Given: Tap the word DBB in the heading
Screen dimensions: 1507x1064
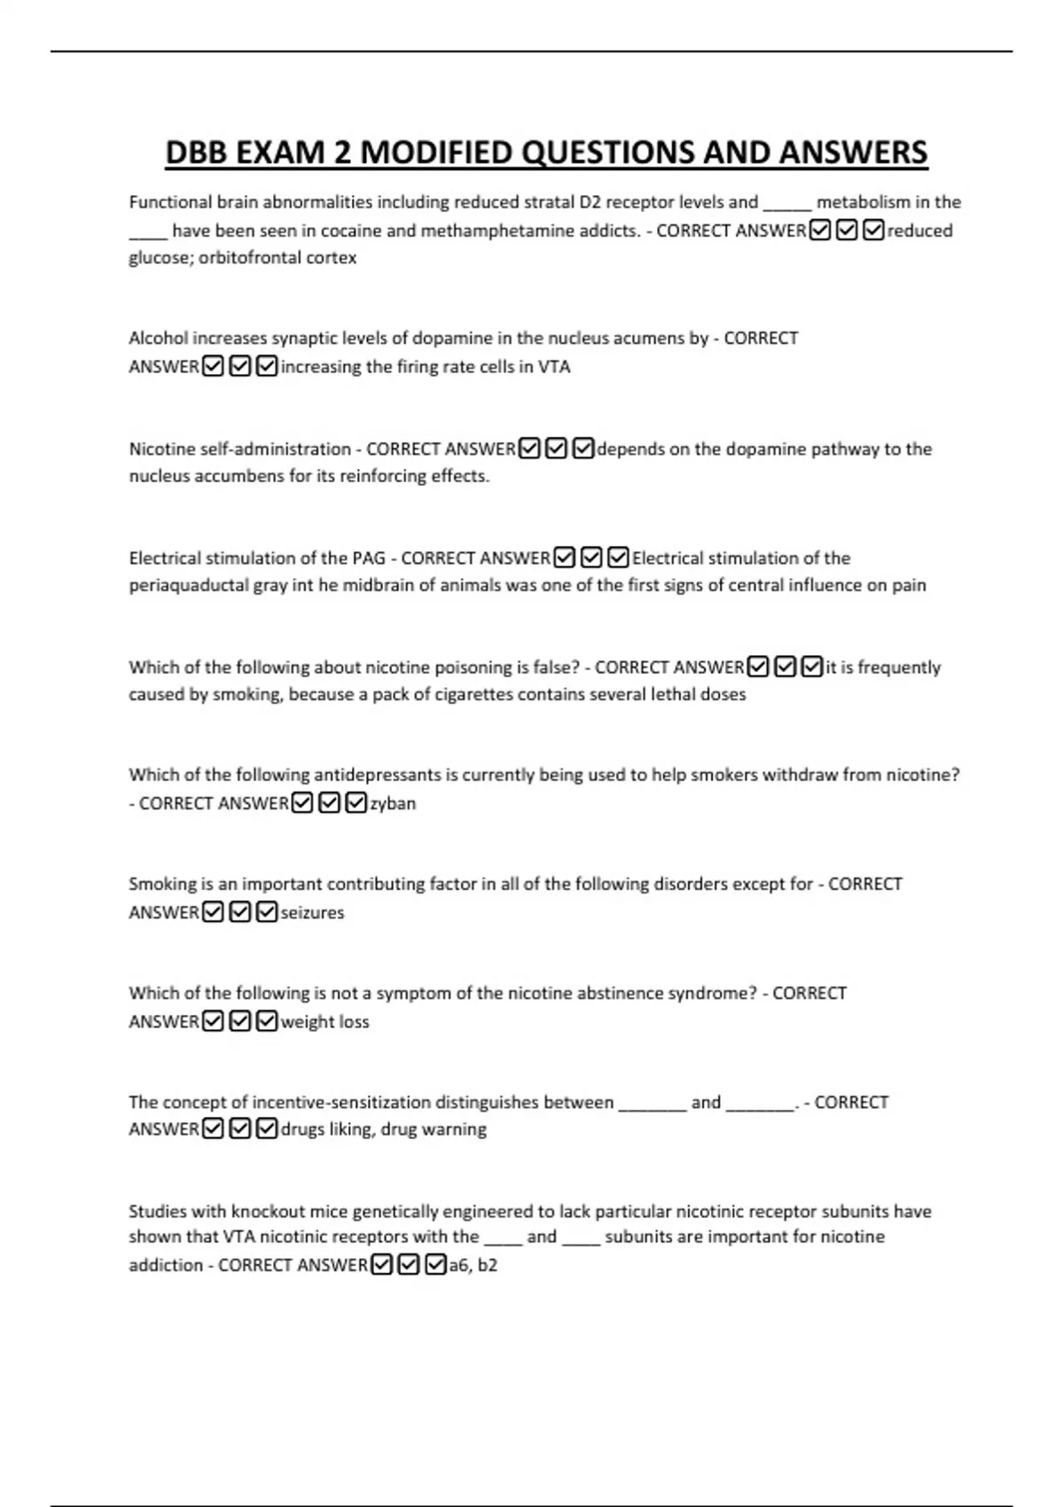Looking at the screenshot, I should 197,152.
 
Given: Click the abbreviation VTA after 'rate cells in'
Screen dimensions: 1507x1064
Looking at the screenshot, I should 554,367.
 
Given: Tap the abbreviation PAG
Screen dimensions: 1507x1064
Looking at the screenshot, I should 369,558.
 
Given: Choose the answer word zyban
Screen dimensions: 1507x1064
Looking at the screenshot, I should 393,803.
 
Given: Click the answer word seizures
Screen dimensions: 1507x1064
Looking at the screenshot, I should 312,912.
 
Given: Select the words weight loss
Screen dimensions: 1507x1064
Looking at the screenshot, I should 325,1021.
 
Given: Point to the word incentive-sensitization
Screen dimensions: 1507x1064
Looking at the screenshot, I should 340,1102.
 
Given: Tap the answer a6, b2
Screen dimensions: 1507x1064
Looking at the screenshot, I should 473,1265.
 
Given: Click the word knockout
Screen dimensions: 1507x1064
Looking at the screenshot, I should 266,1211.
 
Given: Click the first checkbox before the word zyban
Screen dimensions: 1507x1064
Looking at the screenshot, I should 302,803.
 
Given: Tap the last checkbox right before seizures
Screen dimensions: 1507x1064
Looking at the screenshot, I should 267,912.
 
